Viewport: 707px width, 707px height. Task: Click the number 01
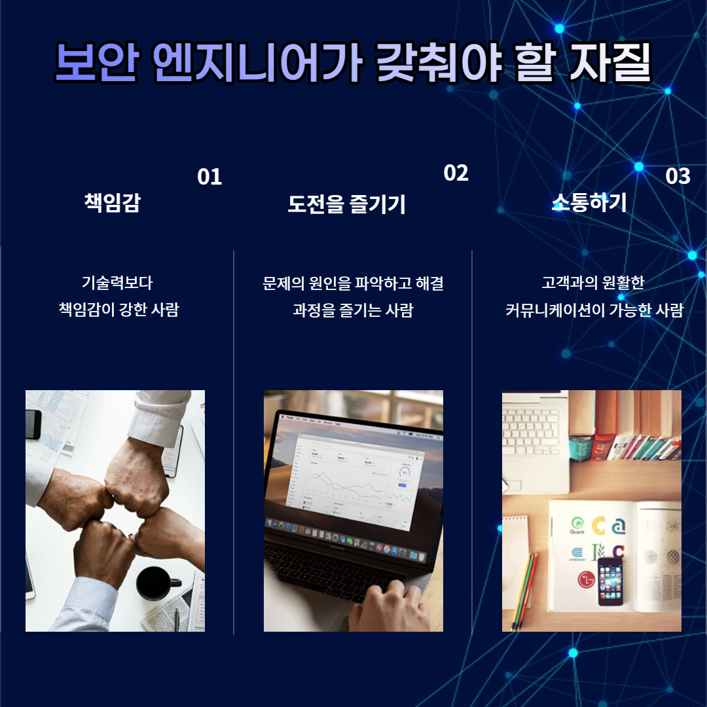coord(209,177)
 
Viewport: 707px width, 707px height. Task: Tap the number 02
coord(456,173)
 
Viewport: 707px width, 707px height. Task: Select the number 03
coord(678,176)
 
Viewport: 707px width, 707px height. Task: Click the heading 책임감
coord(113,202)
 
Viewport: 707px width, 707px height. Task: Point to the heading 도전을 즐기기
coord(347,204)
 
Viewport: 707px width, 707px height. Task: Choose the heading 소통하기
coord(589,202)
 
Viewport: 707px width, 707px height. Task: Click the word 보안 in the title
coord(96,62)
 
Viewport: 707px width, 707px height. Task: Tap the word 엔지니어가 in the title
coord(257,62)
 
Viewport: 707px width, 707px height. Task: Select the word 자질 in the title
coord(610,62)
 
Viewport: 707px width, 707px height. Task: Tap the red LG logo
coord(587,579)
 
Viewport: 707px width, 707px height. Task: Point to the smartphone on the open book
coord(611,581)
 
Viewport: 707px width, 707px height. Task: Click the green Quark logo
coord(577,525)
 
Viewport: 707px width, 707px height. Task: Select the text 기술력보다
coord(117,283)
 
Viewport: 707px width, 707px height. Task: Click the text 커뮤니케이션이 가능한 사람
coord(594,310)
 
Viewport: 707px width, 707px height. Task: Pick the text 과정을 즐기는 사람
coord(353,310)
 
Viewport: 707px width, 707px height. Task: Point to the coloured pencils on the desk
coord(524,590)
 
